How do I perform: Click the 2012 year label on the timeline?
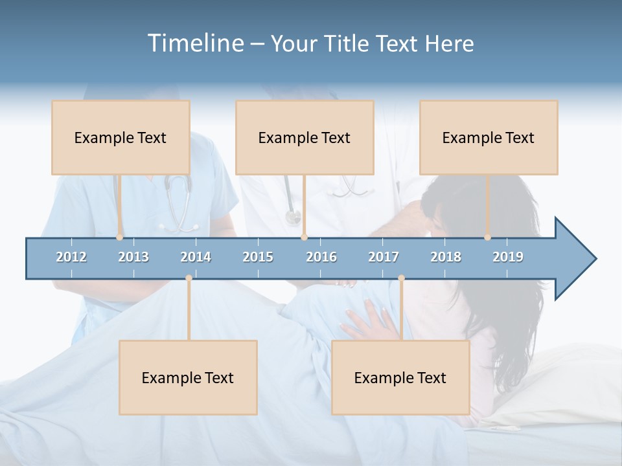pos(71,257)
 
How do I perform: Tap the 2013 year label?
pos(133,257)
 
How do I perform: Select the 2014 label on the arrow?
pos(196,257)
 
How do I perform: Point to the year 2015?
pos(258,257)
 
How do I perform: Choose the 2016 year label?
pos(321,257)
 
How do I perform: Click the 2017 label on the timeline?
pos(384,257)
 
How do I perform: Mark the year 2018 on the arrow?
pos(446,257)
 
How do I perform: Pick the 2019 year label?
pos(508,257)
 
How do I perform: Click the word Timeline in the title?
pos(194,43)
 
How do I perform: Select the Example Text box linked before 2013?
pos(121,137)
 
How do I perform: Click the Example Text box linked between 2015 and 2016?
pos(305,137)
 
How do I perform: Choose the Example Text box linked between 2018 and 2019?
pos(489,137)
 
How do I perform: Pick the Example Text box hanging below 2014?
pos(188,377)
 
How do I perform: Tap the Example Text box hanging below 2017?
pos(400,377)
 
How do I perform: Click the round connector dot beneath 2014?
pos(189,278)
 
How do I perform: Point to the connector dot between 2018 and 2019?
pos(488,238)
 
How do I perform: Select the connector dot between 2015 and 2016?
pos(304,238)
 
